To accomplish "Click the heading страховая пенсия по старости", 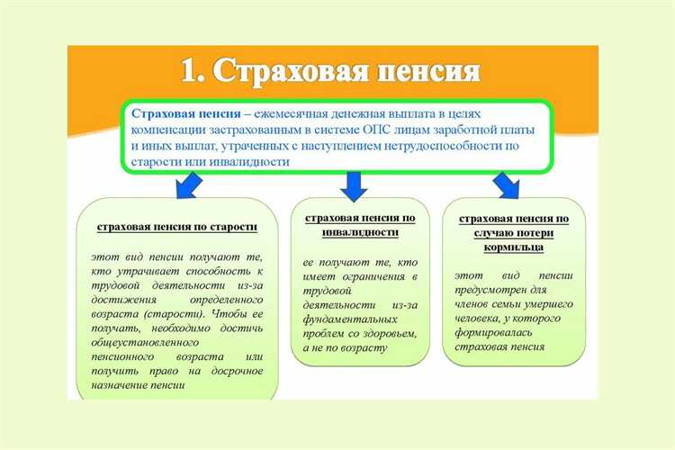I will pos(175,228).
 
